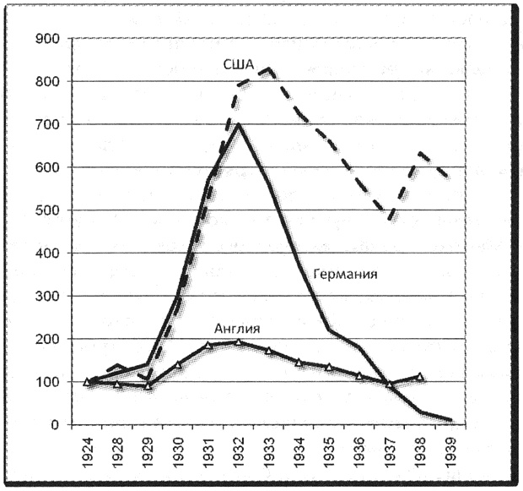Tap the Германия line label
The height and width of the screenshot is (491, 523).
(x=344, y=275)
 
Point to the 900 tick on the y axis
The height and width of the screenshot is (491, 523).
(x=46, y=39)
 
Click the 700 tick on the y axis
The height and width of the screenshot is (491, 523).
(x=46, y=124)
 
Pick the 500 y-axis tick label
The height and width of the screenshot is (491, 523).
(x=46, y=210)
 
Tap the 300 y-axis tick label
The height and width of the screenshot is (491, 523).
(x=46, y=297)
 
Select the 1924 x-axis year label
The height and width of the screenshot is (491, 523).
(x=88, y=452)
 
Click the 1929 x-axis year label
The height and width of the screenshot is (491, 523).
(x=148, y=452)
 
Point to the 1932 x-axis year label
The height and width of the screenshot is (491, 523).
(x=238, y=452)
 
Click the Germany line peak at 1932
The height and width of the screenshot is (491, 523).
(x=238, y=125)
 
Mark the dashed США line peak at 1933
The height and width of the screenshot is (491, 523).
(x=268, y=68)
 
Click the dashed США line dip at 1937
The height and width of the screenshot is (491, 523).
(x=390, y=219)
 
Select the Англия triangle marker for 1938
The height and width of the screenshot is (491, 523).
(x=419, y=377)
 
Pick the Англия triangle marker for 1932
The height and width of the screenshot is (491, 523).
(x=238, y=342)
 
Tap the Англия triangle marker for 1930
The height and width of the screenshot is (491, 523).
(x=178, y=364)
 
